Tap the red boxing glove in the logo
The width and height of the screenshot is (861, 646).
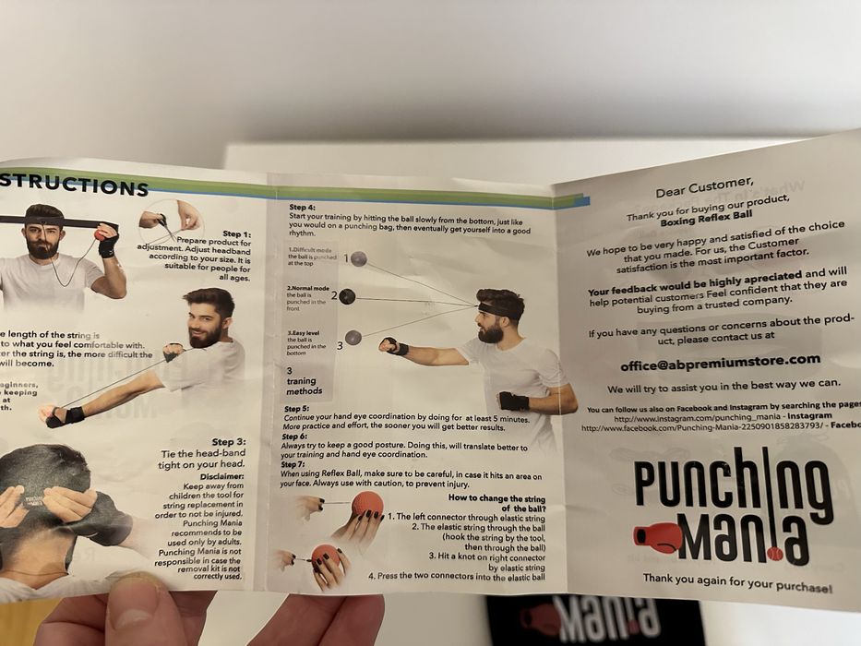pos(658,536)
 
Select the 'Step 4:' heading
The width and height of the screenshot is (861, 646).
pos(302,208)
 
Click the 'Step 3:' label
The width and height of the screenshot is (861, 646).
pos(229,442)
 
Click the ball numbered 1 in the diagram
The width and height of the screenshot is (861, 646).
pos(358,259)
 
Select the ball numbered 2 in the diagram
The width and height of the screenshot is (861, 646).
pos(347,296)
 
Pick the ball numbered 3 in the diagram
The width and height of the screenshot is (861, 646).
pos(353,338)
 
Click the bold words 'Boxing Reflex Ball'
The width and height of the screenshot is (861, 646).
pos(704,221)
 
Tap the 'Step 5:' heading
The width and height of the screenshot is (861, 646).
pos(297,408)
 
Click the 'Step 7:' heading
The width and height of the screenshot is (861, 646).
pos(293,464)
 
